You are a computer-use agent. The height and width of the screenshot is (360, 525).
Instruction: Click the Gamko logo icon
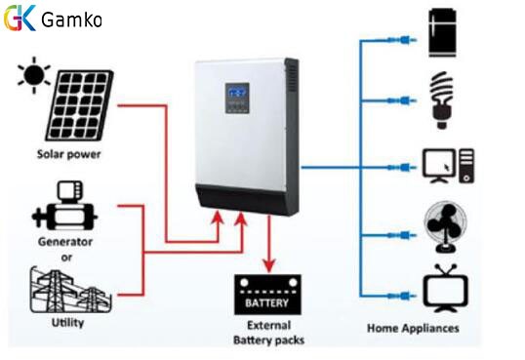pos(20,19)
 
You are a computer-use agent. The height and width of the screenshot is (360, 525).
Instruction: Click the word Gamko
pos(73,20)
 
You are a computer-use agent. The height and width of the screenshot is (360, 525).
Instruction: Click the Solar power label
pos(69,154)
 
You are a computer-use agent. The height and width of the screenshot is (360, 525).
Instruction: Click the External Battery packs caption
pos(268,333)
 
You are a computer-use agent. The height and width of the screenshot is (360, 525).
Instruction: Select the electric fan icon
pos(445,227)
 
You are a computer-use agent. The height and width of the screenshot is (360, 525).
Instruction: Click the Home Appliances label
pos(412,328)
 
